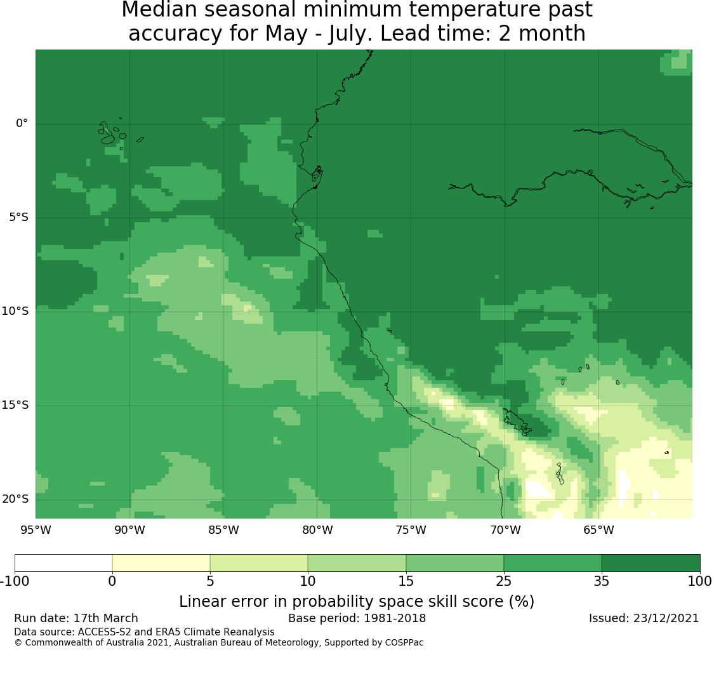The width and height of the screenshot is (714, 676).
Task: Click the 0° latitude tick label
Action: click(22, 123)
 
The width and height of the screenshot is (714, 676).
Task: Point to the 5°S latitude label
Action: click(18, 217)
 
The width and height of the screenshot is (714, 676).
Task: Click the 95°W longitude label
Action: click(36, 530)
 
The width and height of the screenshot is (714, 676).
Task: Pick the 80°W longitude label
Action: click(317, 530)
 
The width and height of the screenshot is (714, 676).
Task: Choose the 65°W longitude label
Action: click(598, 530)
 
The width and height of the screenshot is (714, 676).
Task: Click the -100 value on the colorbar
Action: click(15, 581)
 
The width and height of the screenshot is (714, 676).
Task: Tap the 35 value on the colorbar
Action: click(602, 581)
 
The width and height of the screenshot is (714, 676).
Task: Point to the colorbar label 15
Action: click(406, 581)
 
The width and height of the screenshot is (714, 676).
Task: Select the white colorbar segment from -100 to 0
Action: click(63, 563)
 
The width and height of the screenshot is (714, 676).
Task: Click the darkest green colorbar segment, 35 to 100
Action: click(651, 563)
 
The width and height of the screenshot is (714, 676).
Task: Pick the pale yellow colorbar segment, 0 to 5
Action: click(161, 563)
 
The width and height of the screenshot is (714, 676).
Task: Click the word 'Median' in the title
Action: click(159, 10)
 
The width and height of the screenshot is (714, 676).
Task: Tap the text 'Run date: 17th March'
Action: click(76, 618)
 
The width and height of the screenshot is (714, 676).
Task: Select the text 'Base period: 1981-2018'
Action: click(357, 618)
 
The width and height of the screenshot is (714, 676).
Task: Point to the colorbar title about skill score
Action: click(357, 602)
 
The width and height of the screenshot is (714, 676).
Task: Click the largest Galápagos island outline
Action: click(107, 133)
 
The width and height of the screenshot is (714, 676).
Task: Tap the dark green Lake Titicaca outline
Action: click(517, 422)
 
